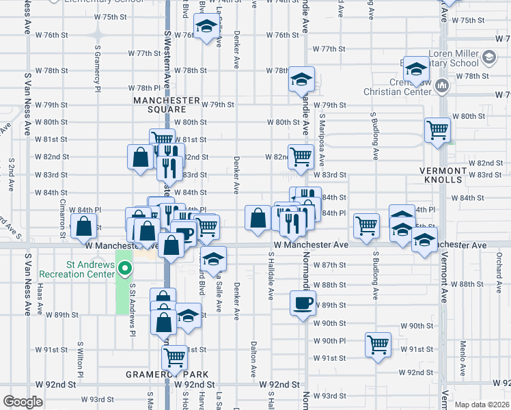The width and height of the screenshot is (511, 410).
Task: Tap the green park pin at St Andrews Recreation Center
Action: [124, 267]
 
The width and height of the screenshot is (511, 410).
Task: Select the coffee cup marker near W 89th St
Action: [302, 302]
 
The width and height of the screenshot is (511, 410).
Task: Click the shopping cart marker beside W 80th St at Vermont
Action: [437, 128]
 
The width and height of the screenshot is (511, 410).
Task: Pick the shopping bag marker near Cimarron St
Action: [83, 226]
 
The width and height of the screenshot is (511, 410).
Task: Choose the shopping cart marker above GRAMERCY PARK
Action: [175, 356]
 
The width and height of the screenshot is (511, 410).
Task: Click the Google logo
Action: [23, 401]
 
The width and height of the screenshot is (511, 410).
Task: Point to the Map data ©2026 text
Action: [481, 405]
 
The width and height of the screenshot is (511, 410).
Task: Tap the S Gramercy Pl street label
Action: [98, 68]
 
